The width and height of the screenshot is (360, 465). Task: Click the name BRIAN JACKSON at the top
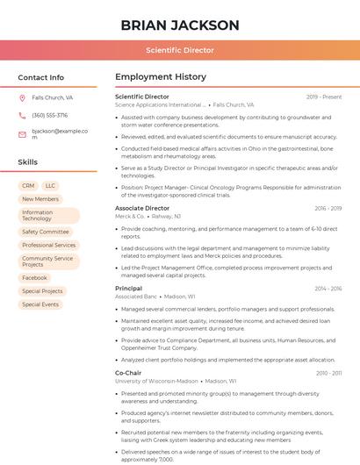coord(179,25)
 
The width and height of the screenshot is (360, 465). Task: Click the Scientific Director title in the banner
coord(179,51)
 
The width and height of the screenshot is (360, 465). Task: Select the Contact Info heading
coord(41,77)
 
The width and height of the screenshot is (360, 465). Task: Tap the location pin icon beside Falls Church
coord(22,98)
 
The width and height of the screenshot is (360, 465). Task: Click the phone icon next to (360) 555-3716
coord(22,115)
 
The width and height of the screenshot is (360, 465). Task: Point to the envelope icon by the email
coord(22,134)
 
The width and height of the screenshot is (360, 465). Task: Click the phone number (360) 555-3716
coord(50,115)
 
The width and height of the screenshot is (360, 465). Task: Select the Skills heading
coord(28,162)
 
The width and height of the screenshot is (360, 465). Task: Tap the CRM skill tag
coord(28,186)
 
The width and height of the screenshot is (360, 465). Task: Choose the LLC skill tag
coord(50,186)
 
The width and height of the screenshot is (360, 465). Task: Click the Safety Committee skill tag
coord(46,232)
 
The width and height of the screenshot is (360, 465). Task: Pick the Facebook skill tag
coord(35,277)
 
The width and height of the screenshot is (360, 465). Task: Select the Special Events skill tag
coord(40,304)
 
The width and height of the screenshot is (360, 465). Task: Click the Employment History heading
coord(161,77)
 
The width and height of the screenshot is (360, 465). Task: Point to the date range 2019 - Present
coord(324,97)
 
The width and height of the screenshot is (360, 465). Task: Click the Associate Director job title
coord(142,208)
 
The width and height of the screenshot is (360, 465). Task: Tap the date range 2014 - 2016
coord(328,288)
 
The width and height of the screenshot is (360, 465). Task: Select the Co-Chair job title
coord(128,373)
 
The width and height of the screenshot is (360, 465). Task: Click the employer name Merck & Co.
coord(130,216)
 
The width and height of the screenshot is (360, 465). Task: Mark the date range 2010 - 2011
coord(328,373)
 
